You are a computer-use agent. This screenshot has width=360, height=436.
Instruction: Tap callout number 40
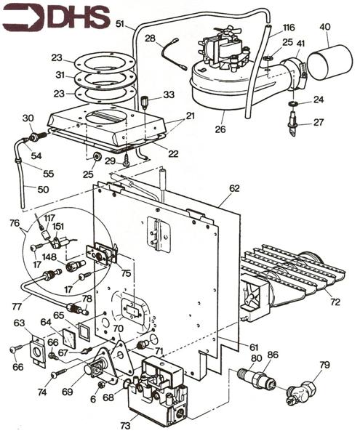coord(325,27)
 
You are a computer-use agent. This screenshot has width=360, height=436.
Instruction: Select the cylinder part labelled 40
coord(330,62)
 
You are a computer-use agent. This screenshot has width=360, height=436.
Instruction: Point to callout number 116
coord(289,28)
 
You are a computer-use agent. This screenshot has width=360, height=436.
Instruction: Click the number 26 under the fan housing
coord(220,129)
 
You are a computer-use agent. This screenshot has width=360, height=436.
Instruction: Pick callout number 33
coord(169,94)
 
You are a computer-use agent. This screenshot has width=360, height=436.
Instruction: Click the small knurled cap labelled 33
coord(144,102)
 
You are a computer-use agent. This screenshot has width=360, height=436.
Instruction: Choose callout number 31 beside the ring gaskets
coord(60,75)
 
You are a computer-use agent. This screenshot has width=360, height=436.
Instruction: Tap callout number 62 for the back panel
coord(234,188)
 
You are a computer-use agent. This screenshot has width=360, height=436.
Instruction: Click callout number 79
coord(324,365)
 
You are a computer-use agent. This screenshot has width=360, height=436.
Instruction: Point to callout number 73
coord(126,425)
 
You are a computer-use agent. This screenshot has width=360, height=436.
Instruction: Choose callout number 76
coord(15,223)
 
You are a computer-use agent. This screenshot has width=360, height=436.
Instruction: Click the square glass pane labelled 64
coord(68,338)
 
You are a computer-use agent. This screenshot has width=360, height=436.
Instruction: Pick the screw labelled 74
coord(59,373)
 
